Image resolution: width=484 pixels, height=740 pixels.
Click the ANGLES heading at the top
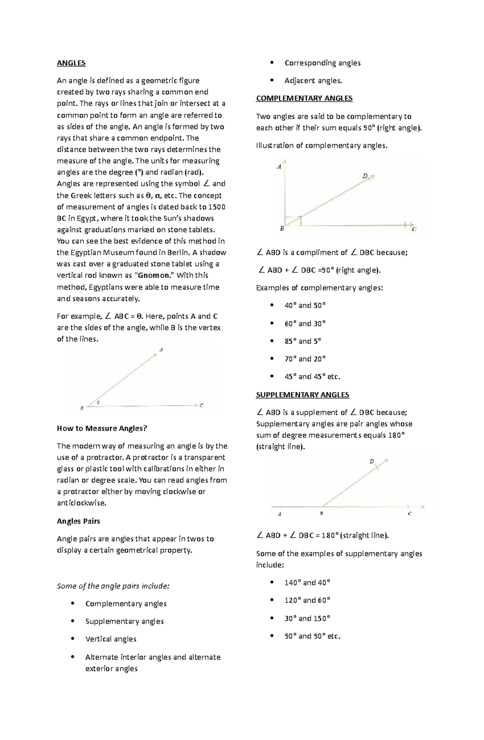click(x=71, y=63)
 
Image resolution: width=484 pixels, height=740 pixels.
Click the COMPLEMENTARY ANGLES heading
click(x=304, y=98)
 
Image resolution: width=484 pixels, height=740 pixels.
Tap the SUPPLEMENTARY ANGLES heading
click(x=302, y=395)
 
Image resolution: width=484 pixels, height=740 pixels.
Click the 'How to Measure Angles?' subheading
click(x=102, y=428)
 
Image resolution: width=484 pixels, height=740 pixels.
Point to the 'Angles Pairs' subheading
click(x=78, y=521)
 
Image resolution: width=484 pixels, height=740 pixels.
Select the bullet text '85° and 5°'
click(x=302, y=341)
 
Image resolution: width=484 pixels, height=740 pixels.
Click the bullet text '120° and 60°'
click(x=307, y=600)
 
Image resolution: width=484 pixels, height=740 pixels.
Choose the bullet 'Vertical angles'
click(x=111, y=639)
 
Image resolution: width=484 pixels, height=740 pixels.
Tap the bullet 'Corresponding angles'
click(x=322, y=63)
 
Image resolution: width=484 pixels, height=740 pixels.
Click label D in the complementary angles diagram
click(x=365, y=176)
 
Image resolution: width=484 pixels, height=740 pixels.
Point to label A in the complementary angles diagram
click(x=279, y=166)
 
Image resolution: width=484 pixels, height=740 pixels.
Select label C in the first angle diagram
click(x=201, y=406)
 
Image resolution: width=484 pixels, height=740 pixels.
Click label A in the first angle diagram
click(x=161, y=350)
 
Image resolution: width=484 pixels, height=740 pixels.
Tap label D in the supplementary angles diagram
click(x=371, y=461)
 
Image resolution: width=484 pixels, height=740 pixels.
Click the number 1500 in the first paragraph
click(x=217, y=207)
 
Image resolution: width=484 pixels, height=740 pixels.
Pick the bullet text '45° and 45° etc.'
click(x=312, y=377)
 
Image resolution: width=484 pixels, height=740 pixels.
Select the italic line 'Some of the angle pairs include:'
click(x=113, y=586)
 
